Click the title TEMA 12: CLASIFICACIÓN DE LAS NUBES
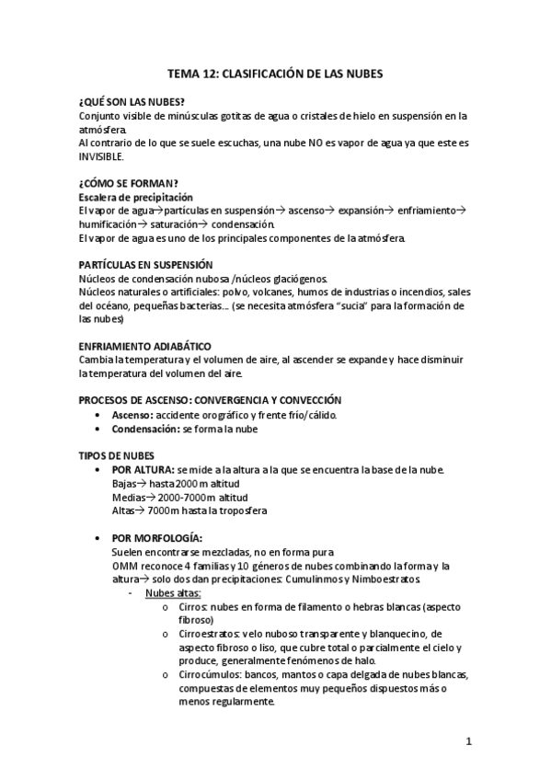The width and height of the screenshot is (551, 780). point(275,72)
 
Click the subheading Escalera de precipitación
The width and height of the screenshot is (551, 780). point(135,197)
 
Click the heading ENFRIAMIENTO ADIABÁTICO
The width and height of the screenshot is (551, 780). point(145,346)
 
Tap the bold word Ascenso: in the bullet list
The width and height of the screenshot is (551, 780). point(132,415)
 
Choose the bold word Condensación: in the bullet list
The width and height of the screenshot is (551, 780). point(145,429)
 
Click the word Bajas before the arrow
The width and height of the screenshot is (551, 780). point(123,484)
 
